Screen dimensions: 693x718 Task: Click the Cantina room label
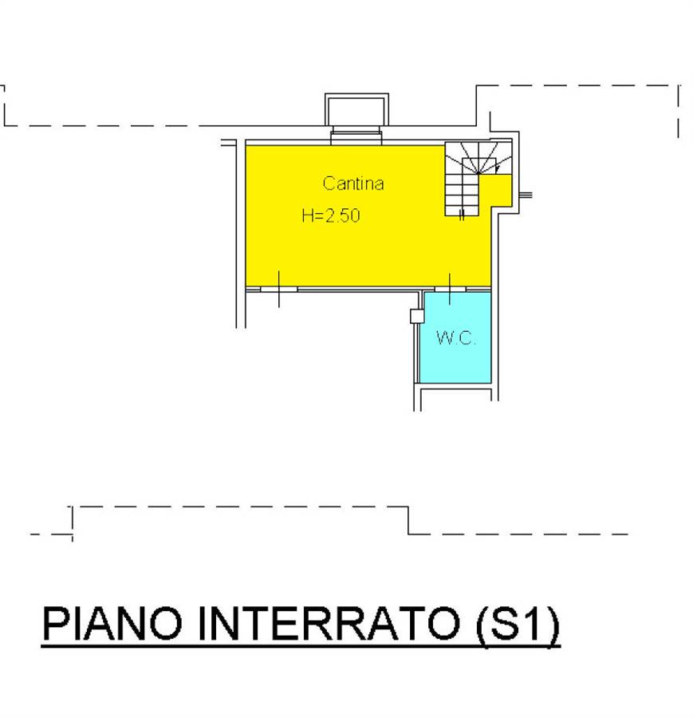click(x=353, y=183)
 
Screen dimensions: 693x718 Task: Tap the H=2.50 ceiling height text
click(x=331, y=215)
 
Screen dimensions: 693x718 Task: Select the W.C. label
click(x=456, y=338)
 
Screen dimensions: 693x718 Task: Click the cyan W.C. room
click(x=455, y=337)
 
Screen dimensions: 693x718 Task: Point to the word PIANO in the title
click(x=112, y=623)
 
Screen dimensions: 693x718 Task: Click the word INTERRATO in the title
click(x=329, y=623)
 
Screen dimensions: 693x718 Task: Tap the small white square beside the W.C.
click(x=416, y=317)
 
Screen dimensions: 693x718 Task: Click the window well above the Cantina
click(x=356, y=109)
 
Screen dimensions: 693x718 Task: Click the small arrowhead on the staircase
click(x=498, y=170)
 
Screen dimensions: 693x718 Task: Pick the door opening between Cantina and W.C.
click(x=450, y=289)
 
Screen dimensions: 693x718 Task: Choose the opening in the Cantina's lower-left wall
click(x=279, y=289)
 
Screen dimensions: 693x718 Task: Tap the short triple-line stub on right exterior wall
click(x=526, y=195)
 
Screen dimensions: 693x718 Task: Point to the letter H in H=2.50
click(x=307, y=215)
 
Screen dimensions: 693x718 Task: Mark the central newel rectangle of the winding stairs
click(x=478, y=166)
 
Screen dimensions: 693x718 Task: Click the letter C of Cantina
click(x=329, y=183)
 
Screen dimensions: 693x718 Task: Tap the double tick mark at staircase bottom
click(x=462, y=215)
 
